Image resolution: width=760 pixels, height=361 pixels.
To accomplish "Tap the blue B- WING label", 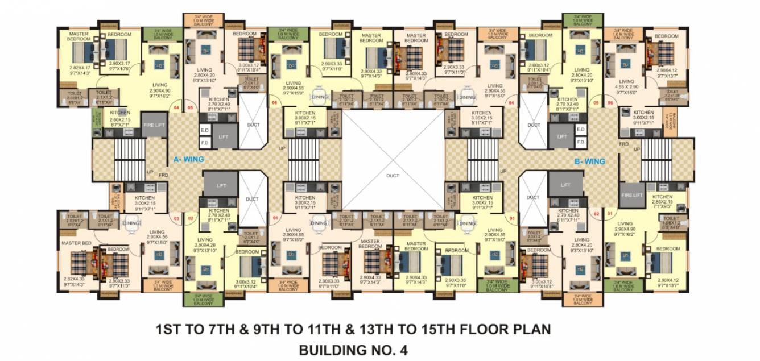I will click(589, 161).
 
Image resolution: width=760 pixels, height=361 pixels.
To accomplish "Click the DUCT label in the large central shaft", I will click(393, 176).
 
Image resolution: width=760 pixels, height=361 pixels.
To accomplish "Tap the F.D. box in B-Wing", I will click(580, 140).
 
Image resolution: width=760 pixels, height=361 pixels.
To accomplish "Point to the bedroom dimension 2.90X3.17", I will click(119, 63).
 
